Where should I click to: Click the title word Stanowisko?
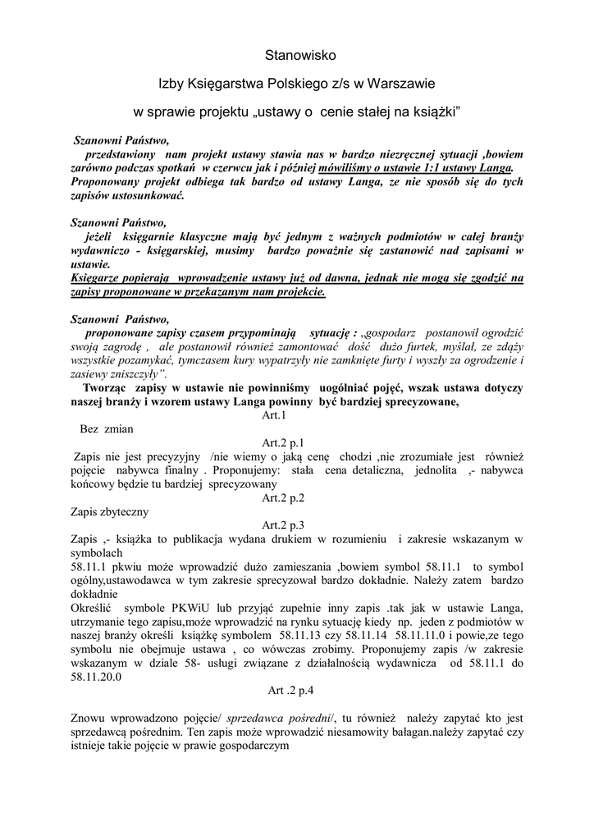pos(300,55)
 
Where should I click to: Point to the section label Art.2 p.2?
pos(283,498)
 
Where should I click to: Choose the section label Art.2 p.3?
pos(283,525)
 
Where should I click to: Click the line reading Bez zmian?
pos(107,429)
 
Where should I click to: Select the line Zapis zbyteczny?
pos(111,512)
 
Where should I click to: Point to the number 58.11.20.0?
pos(91,678)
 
